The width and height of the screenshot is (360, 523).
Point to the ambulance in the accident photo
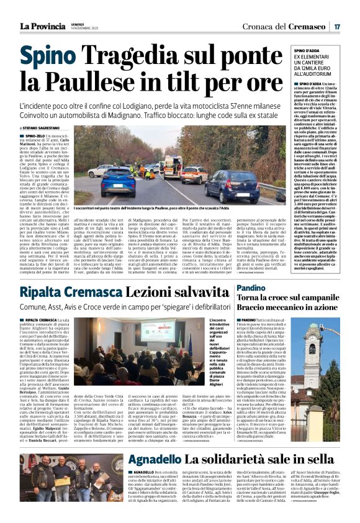(173, 166)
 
